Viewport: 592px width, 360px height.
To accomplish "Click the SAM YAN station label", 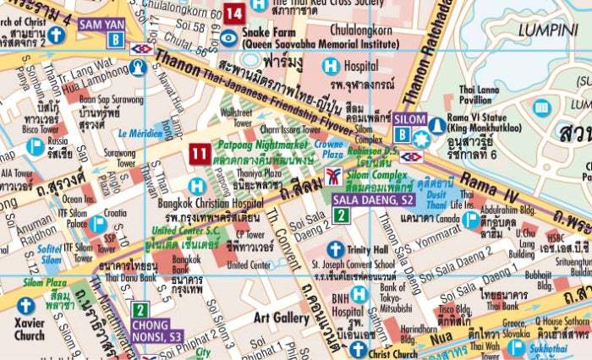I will [102, 25].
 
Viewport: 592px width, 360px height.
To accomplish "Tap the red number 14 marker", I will [234, 14].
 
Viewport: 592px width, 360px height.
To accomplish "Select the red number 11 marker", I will [199, 153].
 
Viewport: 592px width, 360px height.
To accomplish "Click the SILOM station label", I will [409, 120].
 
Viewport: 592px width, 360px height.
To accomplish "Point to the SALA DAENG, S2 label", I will [373, 199].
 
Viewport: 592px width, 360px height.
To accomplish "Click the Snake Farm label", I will [266, 33].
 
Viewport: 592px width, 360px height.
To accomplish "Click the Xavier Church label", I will [29, 329].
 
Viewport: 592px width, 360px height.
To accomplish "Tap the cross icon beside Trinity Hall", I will [335, 249].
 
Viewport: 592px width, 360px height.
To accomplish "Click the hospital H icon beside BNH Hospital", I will [359, 294].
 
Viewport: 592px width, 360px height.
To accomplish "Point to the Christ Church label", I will [393, 354].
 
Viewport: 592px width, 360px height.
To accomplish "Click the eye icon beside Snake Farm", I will [228, 36].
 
